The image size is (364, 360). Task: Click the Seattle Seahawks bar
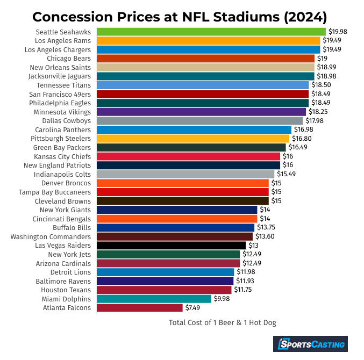(x=211, y=32)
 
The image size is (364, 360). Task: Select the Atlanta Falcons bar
(x=140, y=308)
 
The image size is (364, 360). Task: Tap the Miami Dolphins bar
(x=154, y=299)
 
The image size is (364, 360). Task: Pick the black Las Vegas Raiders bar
(x=171, y=246)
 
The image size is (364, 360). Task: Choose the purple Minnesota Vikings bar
(x=201, y=112)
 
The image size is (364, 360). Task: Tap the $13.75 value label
(x=266, y=228)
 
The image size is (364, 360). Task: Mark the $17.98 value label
(x=314, y=121)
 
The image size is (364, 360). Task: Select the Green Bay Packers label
(x=62, y=147)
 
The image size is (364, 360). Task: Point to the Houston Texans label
(x=67, y=290)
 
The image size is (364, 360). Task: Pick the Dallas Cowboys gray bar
(x=199, y=121)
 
